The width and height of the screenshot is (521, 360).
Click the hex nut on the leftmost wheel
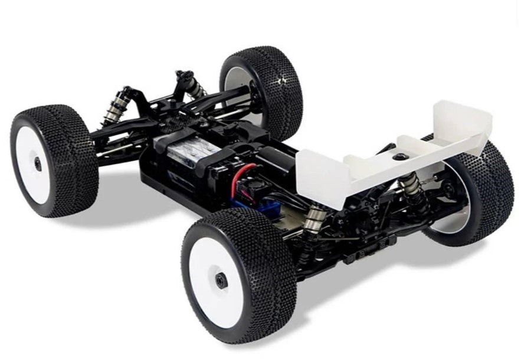[38, 163]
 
